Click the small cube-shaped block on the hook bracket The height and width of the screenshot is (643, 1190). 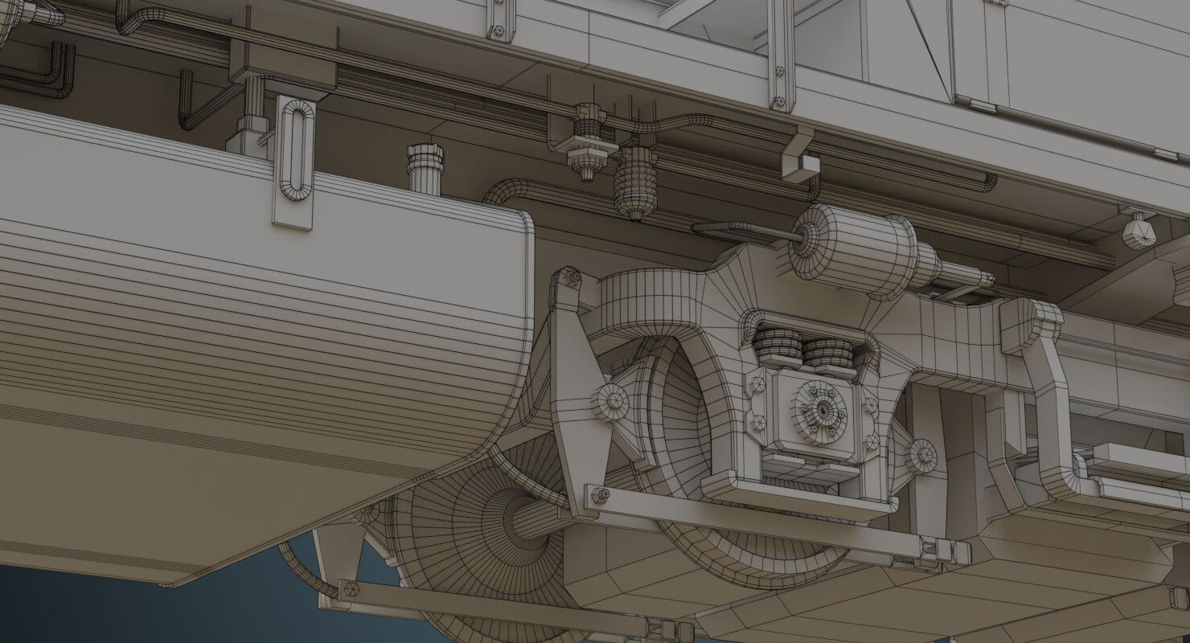pyautogui.click(x=800, y=168)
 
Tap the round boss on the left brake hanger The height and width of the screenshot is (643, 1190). pyautogui.click(x=609, y=399)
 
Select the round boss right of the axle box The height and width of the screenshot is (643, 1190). pyautogui.click(x=922, y=455)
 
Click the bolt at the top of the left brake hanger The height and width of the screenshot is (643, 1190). pyautogui.click(x=571, y=279)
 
